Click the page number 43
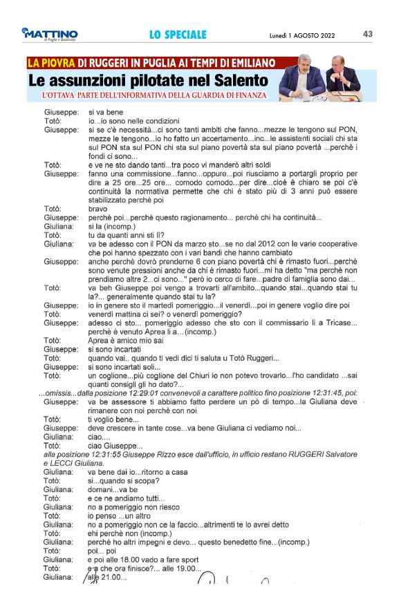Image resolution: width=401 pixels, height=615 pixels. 368,34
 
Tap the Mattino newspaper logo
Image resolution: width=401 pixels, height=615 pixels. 49,35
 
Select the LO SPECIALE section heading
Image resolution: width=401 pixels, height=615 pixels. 178,35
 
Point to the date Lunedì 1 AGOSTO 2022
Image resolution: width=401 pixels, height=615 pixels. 303,35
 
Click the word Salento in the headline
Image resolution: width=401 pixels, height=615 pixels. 236,81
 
